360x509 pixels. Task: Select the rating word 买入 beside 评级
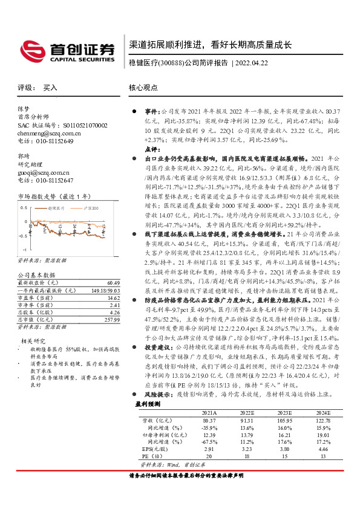[x=50, y=88]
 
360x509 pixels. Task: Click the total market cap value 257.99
[x=111, y=319]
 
